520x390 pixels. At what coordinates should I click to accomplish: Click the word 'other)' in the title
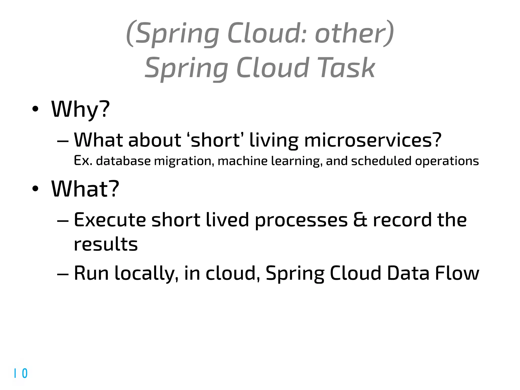354,34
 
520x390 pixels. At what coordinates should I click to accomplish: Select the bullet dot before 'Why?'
35,109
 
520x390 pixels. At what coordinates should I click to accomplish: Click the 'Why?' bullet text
80,109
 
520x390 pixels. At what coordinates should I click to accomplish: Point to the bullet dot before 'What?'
35,189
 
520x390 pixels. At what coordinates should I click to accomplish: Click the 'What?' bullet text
85,189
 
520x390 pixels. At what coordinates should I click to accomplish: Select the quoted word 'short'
215,140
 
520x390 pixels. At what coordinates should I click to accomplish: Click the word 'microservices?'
373,140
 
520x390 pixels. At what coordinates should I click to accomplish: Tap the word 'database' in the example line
123,161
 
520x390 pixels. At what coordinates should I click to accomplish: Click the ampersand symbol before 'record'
360,220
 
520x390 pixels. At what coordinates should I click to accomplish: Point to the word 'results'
106,244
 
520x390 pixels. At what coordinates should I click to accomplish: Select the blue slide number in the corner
21,373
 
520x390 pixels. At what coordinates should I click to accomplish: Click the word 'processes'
301,220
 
